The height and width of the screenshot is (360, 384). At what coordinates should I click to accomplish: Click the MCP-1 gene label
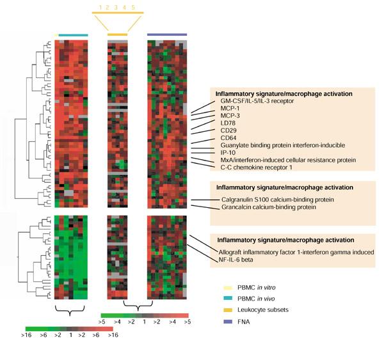click(231, 110)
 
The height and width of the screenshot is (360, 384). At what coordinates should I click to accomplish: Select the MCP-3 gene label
click(231, 119)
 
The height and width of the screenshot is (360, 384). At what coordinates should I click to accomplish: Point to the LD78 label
click(230, 128)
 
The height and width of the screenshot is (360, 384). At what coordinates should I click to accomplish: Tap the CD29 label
click(230, 137)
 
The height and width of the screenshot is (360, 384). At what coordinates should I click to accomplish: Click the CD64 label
click(230, 145)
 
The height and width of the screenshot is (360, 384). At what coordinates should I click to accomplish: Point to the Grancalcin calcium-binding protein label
click(269, 207)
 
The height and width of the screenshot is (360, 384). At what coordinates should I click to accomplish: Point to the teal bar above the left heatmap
click(72, 35)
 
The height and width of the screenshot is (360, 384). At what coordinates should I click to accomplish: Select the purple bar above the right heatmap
click(167, 35)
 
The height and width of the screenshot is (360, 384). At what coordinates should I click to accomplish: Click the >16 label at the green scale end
click(29, 334)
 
